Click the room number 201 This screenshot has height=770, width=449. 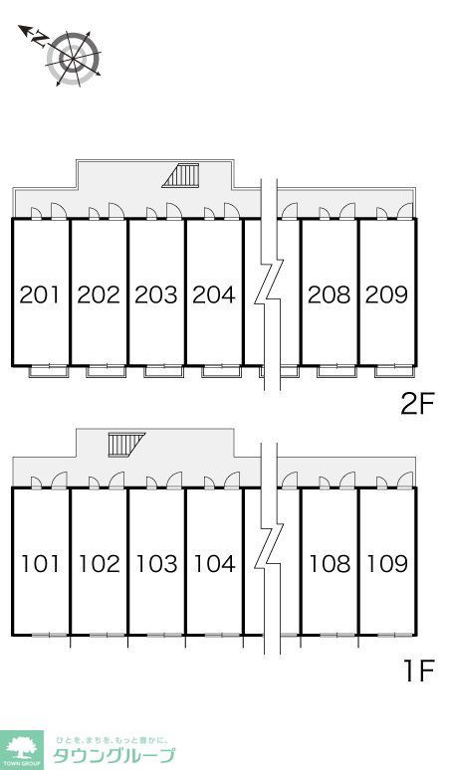click(40, 294)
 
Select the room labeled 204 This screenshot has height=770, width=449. click(214, 294)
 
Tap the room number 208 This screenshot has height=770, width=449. click(330, 294)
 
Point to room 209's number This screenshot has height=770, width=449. click(387, 294)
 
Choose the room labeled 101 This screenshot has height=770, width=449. click(40, 564)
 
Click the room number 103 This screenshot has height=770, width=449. click(156, 564)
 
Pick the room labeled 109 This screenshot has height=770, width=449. click(387, 564)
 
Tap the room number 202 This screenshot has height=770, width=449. click(99, 294)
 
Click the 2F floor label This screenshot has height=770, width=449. click(418, 405)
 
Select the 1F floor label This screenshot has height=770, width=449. click(419, 671)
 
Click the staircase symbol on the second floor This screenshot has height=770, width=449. click(181, 175)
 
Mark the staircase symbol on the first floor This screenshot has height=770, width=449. click(126, 445)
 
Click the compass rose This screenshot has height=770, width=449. click(74, 59)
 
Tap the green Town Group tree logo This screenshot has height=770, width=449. click(22, 750)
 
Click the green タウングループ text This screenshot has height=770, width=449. click(113, 755)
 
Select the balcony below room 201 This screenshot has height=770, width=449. click(48, 371)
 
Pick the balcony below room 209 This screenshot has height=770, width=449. click(394, 371)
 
